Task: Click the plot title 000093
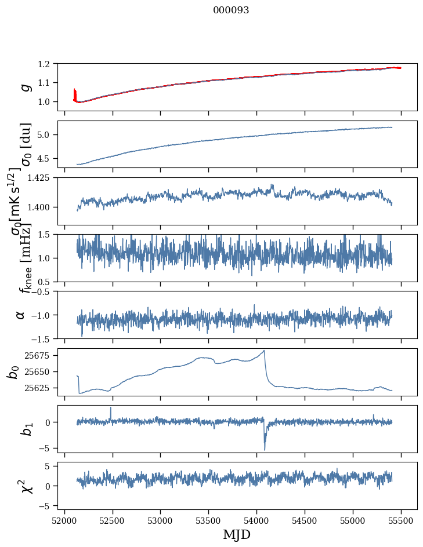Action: tap(231, 10)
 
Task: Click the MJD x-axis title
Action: tap(237, 534)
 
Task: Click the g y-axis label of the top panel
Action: tap(25, 87)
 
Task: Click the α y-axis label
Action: tap(21, 315)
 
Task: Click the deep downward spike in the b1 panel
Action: tap(265, 448)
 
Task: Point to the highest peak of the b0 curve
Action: tap(264, 351)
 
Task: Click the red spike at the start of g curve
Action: tap(74, 93)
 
